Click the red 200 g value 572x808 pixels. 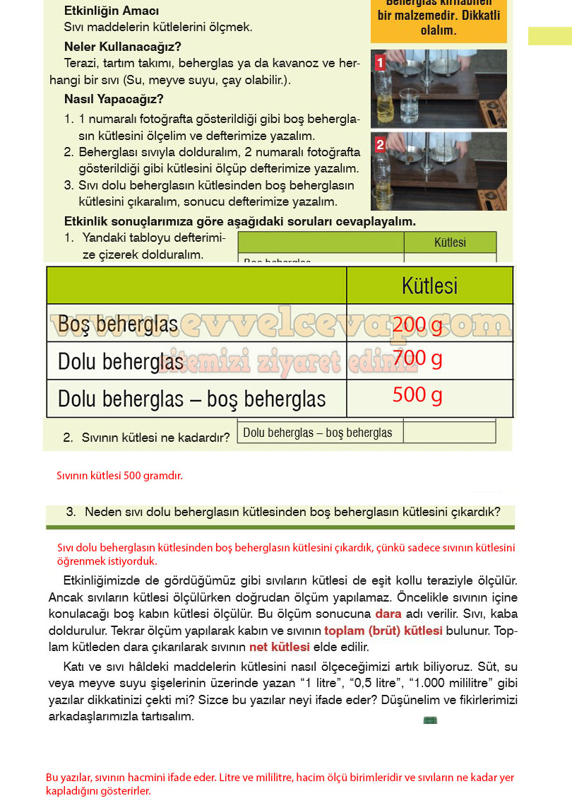pos(417,325)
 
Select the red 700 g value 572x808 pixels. pos(417,359)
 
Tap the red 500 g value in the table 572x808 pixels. pos(417,395)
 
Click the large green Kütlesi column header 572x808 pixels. pos(429,286)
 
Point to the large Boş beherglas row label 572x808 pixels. pos(118,324)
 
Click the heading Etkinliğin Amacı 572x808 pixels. pos(112,11)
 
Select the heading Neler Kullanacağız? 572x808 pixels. pos(123,47)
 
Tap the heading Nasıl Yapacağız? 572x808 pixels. pos(114,99)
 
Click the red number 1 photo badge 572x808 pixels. pos(380,63)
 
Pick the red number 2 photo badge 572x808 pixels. pos(380,145)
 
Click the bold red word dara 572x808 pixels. pos(388,614)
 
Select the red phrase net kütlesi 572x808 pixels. pos(280,647)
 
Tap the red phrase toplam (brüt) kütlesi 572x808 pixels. pos(383,631)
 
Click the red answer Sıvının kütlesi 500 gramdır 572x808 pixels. pos(119,476)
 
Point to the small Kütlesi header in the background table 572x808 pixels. pos(450,242)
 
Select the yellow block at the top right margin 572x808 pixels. pos(549,36)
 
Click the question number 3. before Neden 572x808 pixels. pos(71,512)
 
